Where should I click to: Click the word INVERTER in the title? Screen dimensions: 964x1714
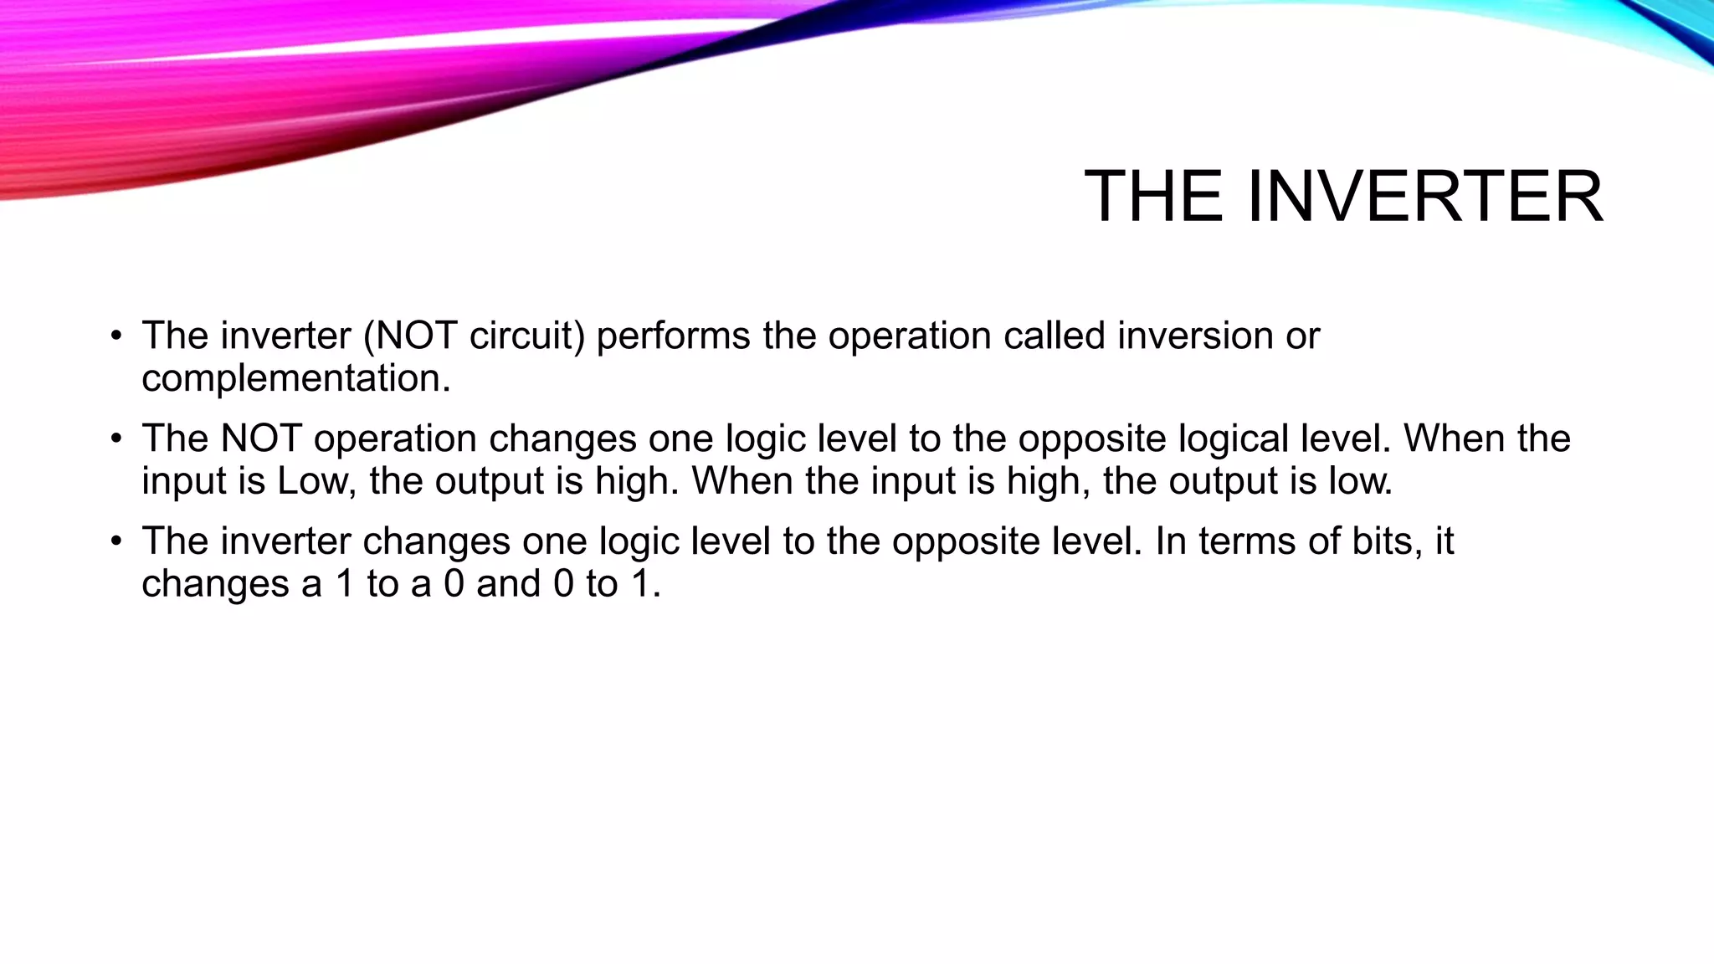1424,197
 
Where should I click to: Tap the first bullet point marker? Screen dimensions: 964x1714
116,337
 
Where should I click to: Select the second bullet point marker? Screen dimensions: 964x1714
116,440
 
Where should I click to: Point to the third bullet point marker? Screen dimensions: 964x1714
116,542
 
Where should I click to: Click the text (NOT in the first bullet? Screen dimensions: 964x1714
409,336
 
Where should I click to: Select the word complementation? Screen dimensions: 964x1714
295,379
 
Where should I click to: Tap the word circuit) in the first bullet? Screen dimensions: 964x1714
526,336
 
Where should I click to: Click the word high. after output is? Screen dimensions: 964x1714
637,482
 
